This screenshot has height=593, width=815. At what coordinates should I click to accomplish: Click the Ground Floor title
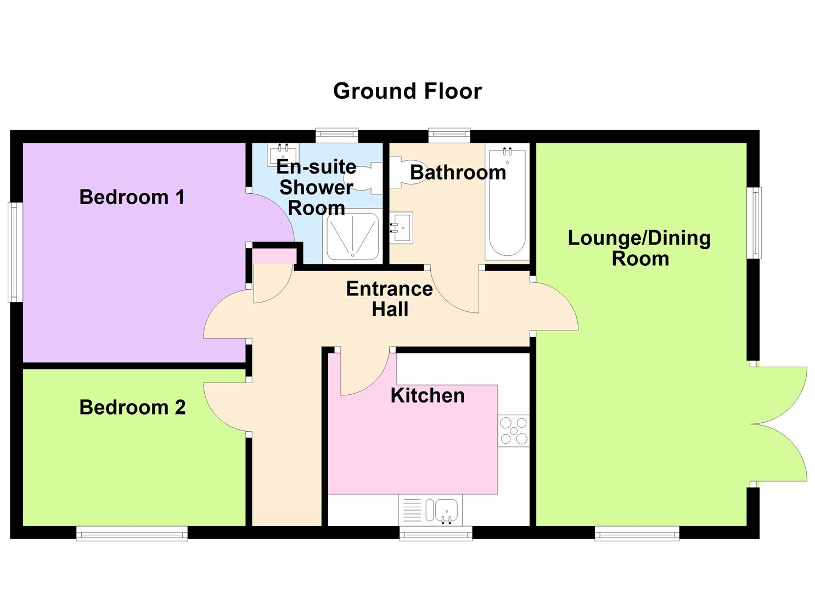407,91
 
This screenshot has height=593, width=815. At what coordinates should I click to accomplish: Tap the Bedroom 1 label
132,197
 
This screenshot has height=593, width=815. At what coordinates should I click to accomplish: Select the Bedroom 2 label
132,407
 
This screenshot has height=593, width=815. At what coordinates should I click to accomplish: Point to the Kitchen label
428,395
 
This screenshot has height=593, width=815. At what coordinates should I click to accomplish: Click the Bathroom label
458,172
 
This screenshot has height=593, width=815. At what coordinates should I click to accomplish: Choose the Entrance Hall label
390,299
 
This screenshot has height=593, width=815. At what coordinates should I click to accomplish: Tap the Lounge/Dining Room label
639,248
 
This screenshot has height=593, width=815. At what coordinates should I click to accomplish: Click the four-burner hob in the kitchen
514,430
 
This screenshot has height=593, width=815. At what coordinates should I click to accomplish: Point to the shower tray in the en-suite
352,237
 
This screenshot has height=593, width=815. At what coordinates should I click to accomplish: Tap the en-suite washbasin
283,154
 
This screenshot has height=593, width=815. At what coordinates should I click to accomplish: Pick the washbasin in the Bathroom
402,227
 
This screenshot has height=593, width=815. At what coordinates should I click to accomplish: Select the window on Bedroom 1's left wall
15,252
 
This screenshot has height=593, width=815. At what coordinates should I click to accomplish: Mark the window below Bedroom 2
132,533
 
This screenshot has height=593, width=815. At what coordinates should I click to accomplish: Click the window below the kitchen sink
435,533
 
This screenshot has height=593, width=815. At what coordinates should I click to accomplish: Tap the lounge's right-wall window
756,222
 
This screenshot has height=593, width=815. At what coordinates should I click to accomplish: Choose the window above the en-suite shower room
337,135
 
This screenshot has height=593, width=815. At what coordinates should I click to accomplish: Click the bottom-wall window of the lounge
637,533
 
